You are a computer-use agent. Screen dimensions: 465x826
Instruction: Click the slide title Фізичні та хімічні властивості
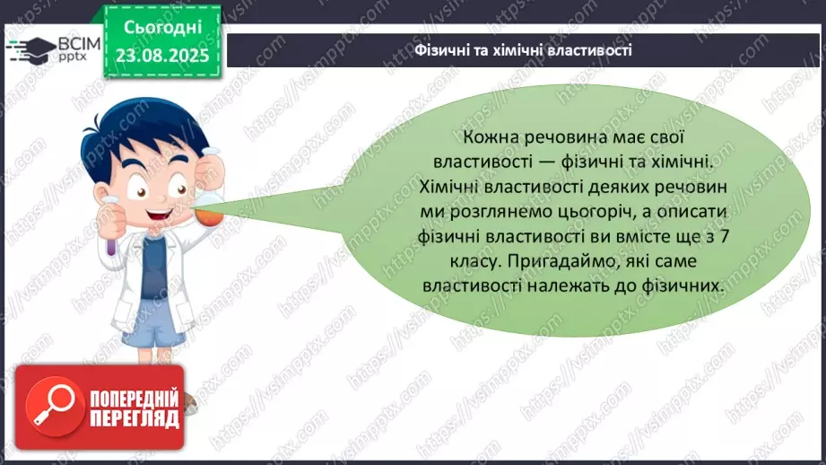tap(525, 50)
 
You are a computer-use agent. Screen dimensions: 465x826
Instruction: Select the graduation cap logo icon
tap(30, 49)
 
